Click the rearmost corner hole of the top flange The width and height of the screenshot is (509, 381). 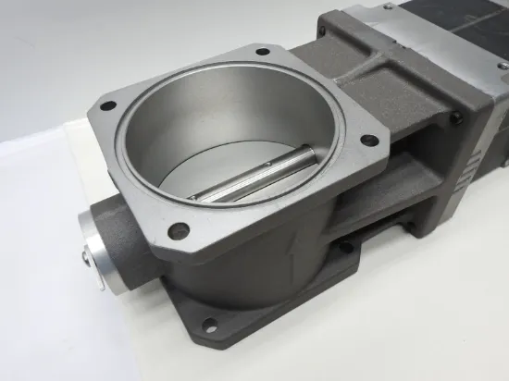[262, 52]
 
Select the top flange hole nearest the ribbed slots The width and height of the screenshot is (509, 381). [369, 141]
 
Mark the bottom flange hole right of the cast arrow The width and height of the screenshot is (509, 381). [345, 247]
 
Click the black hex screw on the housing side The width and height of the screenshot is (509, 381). [455, 117]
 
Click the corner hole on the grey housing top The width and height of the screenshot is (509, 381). [323, 31]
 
